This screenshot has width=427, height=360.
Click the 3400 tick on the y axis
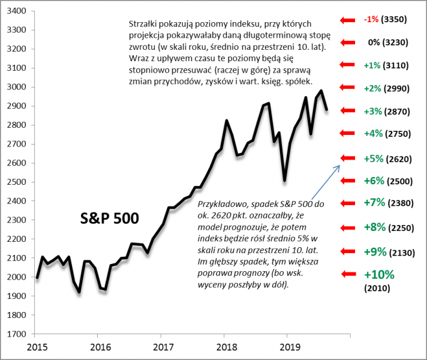coord(16,11)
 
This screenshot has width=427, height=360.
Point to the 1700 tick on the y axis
coord(16,334)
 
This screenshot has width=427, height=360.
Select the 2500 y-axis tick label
coord(16,182)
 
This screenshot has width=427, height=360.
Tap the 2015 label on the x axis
coord(37,346)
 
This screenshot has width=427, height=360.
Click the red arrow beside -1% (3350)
coord(348,19)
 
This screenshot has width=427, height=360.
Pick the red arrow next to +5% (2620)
coord(348,158)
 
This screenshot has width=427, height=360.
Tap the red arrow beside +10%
coord(348,274)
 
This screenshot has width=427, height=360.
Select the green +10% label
coord(378,275)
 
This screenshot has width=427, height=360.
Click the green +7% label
coord(374,203)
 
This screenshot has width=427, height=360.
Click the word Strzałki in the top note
coord(145,24)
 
